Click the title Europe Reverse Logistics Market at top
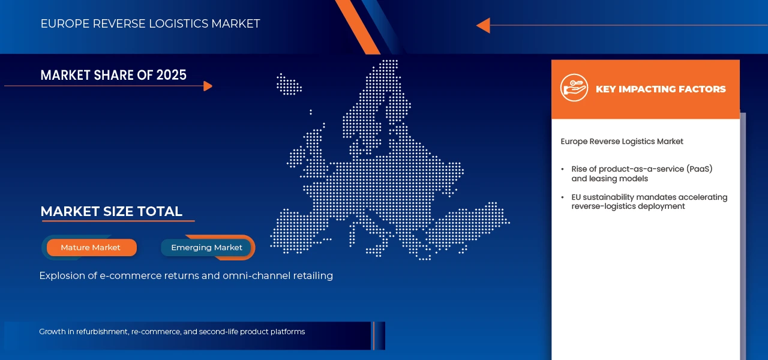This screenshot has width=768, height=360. [150, 24]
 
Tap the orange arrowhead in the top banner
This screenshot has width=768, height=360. [484, 25]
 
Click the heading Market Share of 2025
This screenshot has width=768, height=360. [113, 75]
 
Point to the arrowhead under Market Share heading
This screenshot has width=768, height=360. [208, 86]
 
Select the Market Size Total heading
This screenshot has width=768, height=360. [111, 211]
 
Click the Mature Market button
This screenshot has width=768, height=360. [91, 247]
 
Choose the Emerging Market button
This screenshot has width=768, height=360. [206, 247]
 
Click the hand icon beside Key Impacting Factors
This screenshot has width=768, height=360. [574, 88]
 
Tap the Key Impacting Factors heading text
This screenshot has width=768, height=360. [661, 89]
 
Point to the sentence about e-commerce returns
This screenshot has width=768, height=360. [186, 276]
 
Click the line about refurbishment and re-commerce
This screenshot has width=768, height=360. [172, 332]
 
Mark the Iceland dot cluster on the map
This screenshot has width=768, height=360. [289, 84]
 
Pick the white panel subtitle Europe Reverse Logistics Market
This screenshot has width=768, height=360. [622, 142]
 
